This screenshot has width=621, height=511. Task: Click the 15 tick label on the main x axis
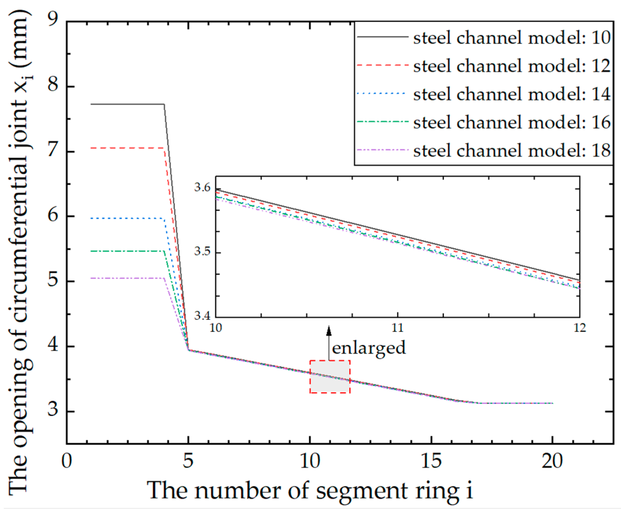(x=431, y=461)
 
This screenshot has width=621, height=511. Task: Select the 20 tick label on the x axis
(x=552, y=461)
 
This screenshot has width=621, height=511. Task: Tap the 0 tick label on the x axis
(x=67, y=461)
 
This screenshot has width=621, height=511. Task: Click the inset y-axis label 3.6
(x=202, y=187)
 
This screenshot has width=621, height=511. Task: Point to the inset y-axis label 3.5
(x=202, y=251)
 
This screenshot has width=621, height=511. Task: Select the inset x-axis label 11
(x=397, y=328)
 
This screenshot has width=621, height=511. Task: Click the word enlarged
(x=369, y=348)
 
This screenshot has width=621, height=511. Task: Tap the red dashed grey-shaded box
(x=330, y=377)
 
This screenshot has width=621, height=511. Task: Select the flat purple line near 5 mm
(x=127, y=278)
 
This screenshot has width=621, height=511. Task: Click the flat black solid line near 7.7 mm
(x=127, y=104)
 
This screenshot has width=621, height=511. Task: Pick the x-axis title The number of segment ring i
(x=309, y=490)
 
